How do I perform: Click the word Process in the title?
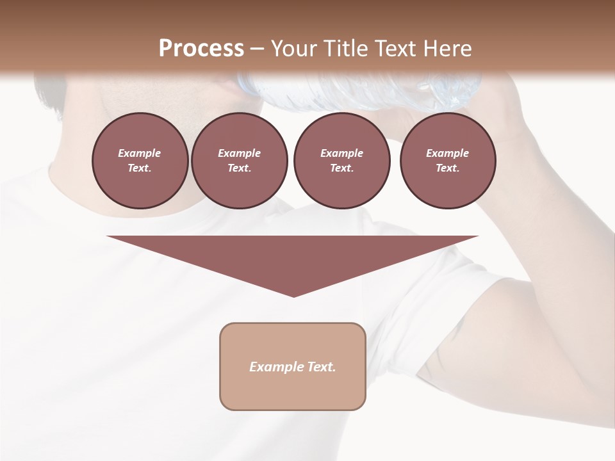[x=201, y=49]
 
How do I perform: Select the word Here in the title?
[x=448, y=49]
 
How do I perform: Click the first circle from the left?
[x=140, y=161]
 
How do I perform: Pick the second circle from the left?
[x=239, y=161]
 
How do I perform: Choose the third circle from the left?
[x=341, y=161]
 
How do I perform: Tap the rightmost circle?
[x=447, y=161]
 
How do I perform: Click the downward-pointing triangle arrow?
[x=293, y=256]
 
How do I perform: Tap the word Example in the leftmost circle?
[x=140, y=154]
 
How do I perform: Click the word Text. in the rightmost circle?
[x=447, y=168]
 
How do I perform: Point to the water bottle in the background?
[x=359, y=90]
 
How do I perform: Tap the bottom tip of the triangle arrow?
[x=293, y=295]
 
